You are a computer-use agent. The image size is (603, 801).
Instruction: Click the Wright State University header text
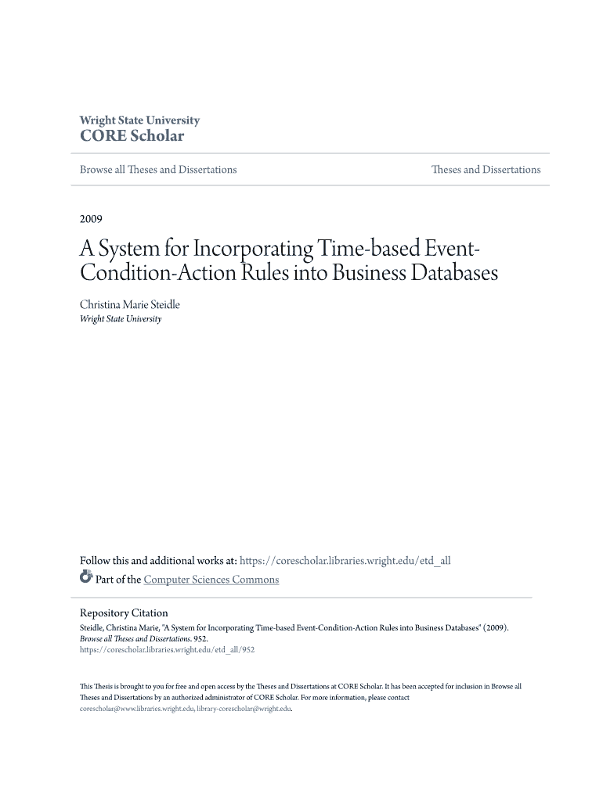pyautogui.click(x=139, y=120)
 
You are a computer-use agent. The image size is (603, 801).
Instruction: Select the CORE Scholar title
pyautogui.click(x=132, y=136)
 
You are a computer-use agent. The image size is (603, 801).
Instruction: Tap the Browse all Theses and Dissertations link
pyautogui.click(x=158, y=170)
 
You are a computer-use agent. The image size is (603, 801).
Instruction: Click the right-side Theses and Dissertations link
pyautogui.click(x=486, y=170)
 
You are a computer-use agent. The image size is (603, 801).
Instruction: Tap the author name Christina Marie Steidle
pyautogui.click(x=130, y=304)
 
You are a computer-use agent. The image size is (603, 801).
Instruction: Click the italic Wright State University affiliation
pyautogui.click(x=121, y=319)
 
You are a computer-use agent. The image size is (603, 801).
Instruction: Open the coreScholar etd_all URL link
pyautogui.click(x=345, y=561)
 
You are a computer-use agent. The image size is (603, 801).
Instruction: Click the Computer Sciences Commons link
pyautogui.click(x=211, y=580)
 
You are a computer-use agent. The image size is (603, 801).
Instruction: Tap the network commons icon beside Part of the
pyautogui.click(x=86, y=579)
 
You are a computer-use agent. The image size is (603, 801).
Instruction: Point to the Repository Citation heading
pyautogui.click(x=124, y=613)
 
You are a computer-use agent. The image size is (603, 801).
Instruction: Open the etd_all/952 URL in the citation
pyautogui.click(x=167, y=649)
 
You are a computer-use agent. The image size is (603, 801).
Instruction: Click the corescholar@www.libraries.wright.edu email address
pyautogui.click(x=136, y=709)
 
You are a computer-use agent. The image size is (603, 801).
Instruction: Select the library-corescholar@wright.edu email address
pyautogui.click(x=244, y=709)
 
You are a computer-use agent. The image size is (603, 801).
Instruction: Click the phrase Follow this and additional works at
pyautogui.click(x=158, y=561)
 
